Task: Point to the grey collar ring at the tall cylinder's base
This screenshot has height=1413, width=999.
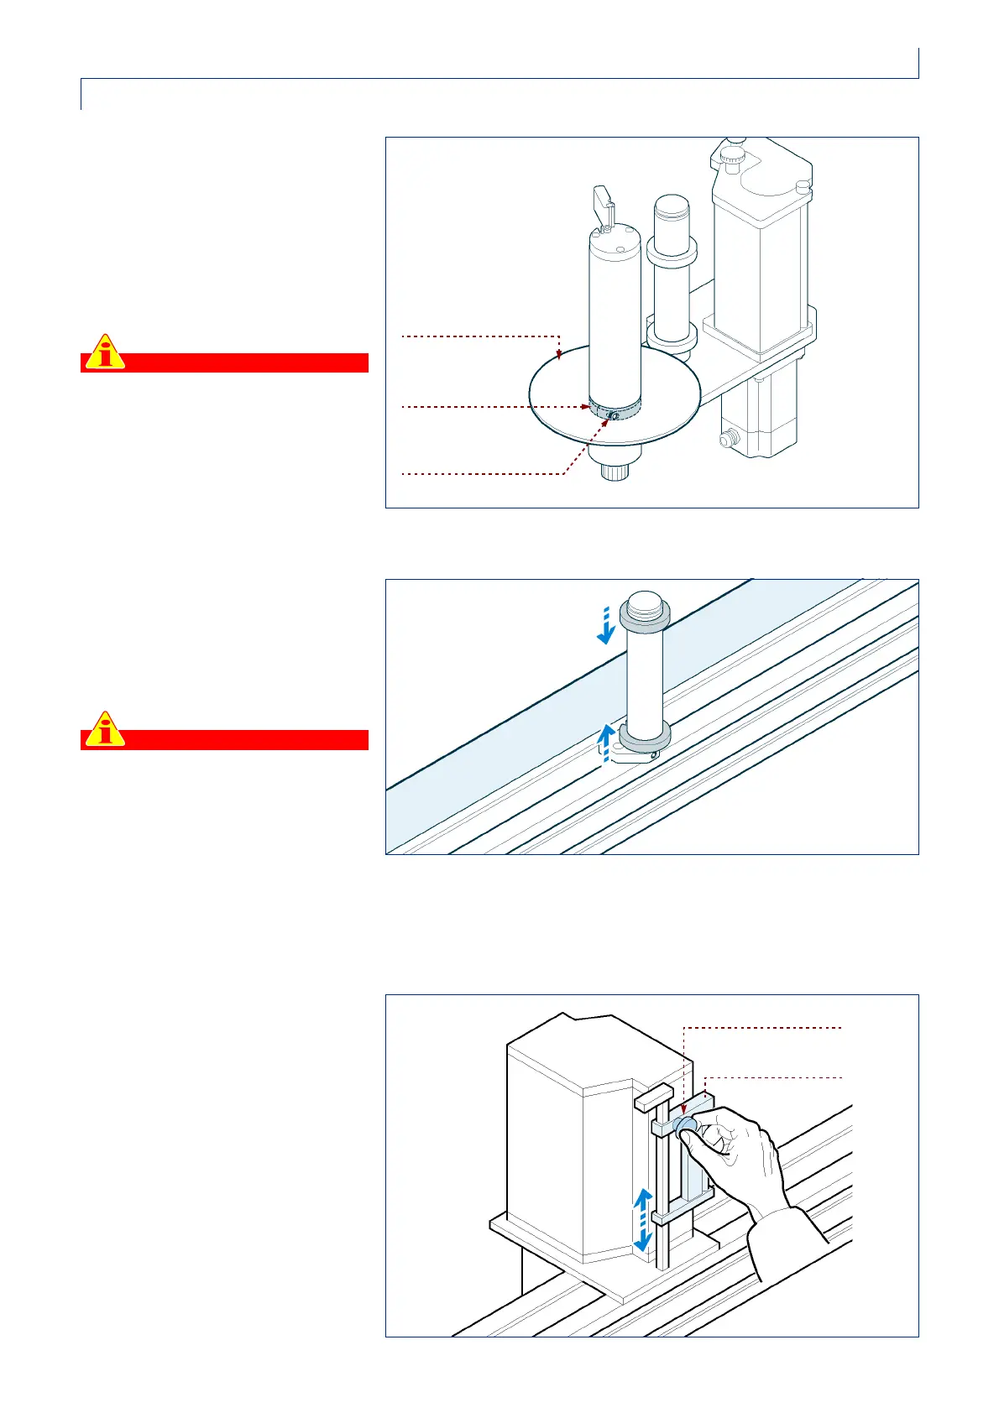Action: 615,409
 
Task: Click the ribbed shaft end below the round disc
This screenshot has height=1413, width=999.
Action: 615,472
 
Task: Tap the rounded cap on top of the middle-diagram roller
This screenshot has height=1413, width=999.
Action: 645,602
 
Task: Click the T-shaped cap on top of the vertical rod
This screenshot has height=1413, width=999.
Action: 655,1095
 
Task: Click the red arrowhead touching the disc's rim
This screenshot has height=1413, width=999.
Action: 559,356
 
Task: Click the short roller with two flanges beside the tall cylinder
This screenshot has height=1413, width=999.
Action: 672,277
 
